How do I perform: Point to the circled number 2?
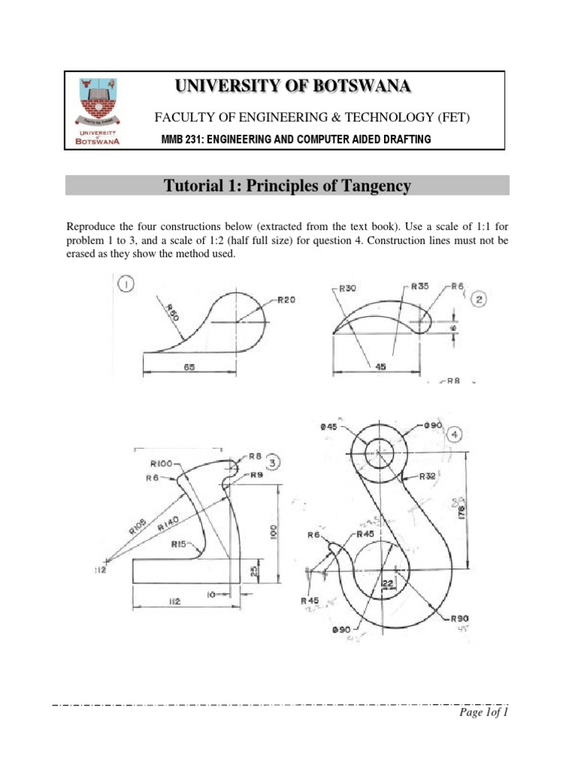point(480,300)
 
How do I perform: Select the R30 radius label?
point(347,288)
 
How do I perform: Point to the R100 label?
point(162,463)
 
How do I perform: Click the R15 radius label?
point(178,545)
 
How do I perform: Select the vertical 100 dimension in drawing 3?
point(273,532)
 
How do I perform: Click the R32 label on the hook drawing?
point(428,476)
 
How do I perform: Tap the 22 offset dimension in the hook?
point(387,583)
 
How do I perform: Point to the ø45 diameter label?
point(329,425)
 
